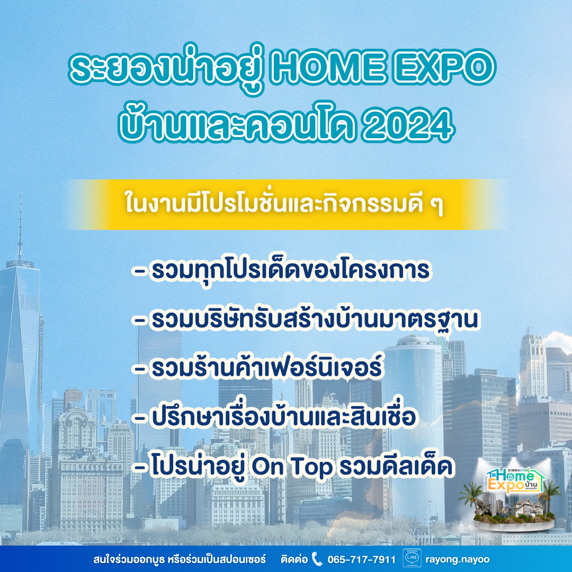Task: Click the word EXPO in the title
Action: (x=444, y=67)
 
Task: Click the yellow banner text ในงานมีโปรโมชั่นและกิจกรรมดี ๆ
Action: (x=284, y=204)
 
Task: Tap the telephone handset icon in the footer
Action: (x=317, y=559)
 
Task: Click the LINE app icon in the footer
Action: (x=412, y=559)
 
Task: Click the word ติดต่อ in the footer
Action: (x=294, y=559)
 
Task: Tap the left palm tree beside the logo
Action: (x=472, y=497)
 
